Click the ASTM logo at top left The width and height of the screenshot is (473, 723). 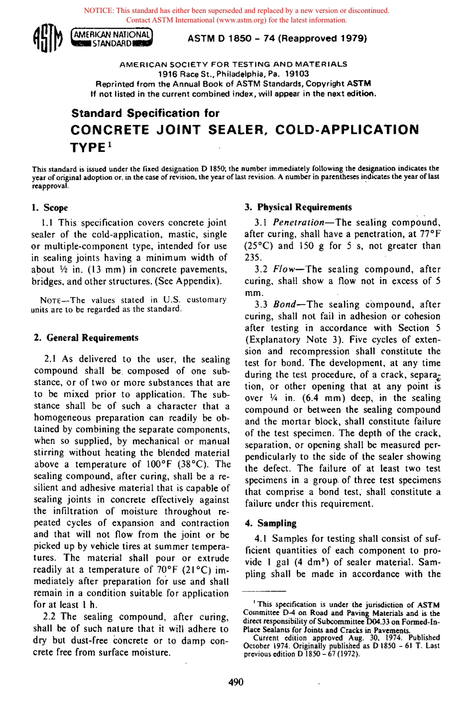pyautogui.click(x=48, y=39)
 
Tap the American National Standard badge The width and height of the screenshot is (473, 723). pyautogui.click(x=112, y=38)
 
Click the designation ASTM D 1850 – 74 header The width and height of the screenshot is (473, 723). pyautogui.click(x=277, y=38)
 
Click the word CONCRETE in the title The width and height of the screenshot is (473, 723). pyautogui.click(x=110, y=130)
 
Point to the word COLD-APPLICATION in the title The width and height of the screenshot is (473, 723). pyautogui.click(x=347, y=130)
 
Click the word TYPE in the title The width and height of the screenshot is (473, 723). pyautogui.click(x=88, y=148)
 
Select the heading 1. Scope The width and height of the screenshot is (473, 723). pyautogui.click(x=50, y=208)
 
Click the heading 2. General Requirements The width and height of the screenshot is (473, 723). pyautogui.click(x=86, y=338)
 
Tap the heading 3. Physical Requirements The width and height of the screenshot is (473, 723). pyautogui.click(x=298, y=207)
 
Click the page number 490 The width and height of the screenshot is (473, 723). pyautogui.click(x=236, y=682)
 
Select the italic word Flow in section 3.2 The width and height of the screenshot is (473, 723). pyautogui.click(x=284, y=269)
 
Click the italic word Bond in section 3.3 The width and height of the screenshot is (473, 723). pyautogui.click(x=284, y=305)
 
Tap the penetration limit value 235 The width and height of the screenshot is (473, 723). pyautogui.click(x=253, y=257)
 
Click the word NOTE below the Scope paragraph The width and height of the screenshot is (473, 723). pyautogui.click(x=50, y=301)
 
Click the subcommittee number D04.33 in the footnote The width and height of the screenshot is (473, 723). pyautogui.click(x=380, y=621)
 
